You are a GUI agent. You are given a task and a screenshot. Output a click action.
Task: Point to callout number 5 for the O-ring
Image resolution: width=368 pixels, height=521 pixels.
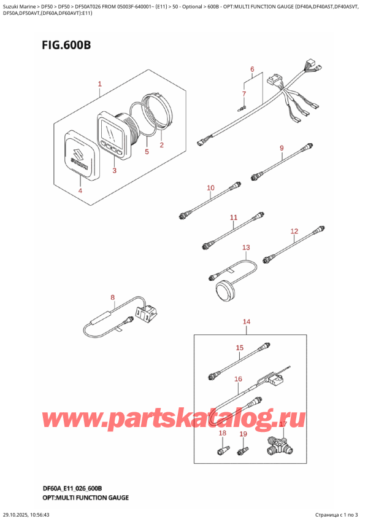pyautogui.click(x=147, y=151)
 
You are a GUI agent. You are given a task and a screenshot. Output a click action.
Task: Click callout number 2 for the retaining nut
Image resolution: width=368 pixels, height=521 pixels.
pyautogui.click(x=161, y=145)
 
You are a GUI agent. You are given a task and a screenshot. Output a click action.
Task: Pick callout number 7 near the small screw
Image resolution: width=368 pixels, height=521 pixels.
pyautogui.click(x=243, y=94)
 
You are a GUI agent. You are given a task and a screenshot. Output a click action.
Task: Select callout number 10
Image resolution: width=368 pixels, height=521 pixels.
pyautogui.click(x=210, y=187)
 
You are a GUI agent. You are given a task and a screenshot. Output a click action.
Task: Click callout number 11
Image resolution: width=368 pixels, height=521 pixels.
pyautogui.click(x=233, y=217)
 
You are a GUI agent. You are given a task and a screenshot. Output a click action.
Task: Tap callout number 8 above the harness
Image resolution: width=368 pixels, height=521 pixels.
pyautogui.click(x=112, y=298)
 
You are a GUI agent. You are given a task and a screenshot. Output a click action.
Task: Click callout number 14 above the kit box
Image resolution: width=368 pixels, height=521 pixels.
pyautogui.click(x=247, y=321)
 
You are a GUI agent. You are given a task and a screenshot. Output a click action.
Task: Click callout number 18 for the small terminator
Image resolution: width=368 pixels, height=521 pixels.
pyautogui.click(x=223, y=434)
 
